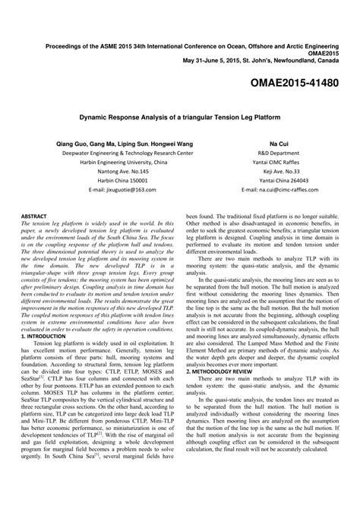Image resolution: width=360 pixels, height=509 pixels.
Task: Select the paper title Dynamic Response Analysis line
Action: click(180, 119)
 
